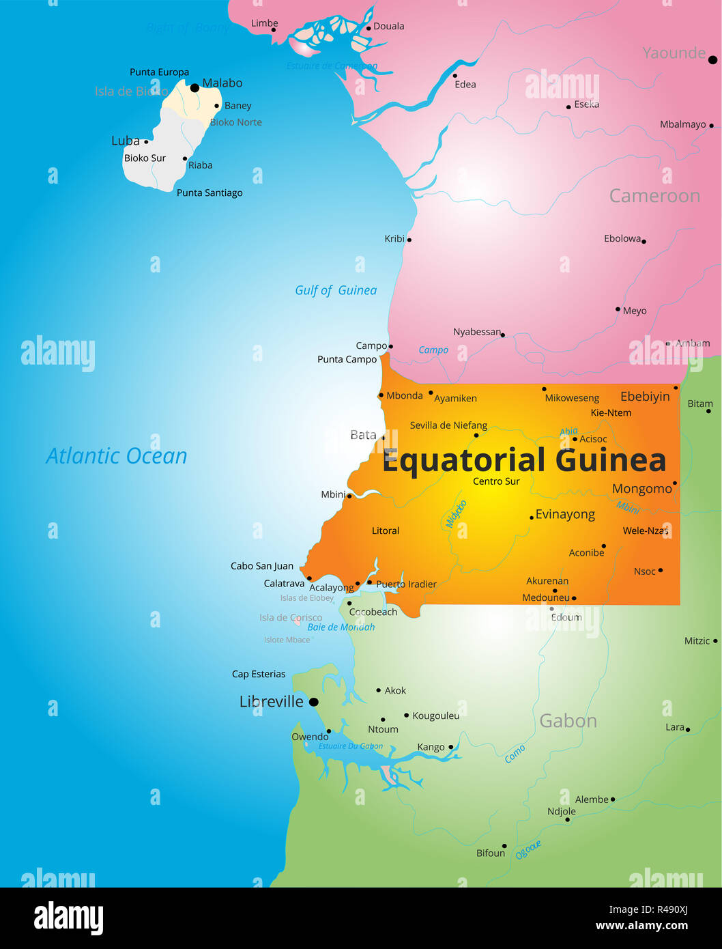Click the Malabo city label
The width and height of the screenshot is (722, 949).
point(222,83)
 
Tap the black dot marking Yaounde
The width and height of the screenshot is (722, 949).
point(712,60)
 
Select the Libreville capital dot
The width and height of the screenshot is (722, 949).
point(314,702)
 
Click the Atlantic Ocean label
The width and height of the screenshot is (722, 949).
point(117,456)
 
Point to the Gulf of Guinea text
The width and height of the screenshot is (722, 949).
point(336,290)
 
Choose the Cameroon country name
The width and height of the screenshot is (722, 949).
point(654,196)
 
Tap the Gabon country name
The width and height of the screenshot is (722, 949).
point(568,721)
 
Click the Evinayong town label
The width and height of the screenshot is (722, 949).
point(565,514)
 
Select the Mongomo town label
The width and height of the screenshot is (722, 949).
point(641,489)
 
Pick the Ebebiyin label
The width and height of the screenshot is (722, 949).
point(645,397)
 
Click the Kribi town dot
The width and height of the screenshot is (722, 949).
point(409,240)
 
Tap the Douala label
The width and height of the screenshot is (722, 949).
point(389,27)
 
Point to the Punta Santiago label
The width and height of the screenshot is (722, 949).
point(210,193)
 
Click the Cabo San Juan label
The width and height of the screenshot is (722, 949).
point(262,566)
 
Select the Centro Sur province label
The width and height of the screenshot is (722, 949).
point(496,481)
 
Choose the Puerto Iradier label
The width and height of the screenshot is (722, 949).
point(406,584)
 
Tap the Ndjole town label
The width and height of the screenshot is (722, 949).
point(562,811)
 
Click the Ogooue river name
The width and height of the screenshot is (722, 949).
point(528,849)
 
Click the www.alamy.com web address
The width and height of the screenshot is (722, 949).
point(641,926)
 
